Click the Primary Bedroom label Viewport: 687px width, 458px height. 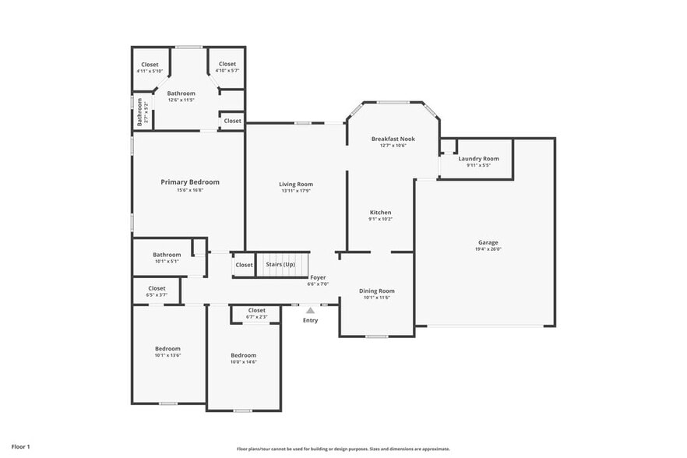point(190,182)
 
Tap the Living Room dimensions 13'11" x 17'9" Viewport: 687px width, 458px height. point(296,192)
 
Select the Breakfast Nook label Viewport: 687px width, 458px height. point(393,139)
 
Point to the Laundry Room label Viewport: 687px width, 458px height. point(478,158)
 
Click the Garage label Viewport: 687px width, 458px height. point(488,242)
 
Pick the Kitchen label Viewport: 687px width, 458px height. point(380,213)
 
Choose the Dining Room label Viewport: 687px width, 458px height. point(377,291)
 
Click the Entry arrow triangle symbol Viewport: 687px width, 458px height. point(310,310)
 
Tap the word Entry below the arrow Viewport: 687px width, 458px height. point(310,320)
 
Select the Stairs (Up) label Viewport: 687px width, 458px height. point(280,265)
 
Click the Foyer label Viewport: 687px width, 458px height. point(318,277)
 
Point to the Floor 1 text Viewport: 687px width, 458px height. point(20,446)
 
